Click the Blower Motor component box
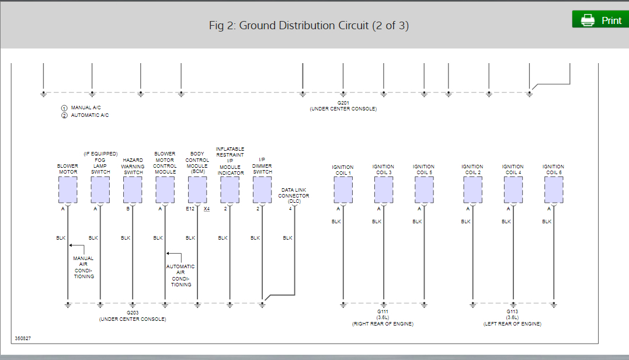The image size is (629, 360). [x=68, y=189]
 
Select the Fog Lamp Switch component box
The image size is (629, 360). [x=100, y=189]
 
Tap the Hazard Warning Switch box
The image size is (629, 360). [x=133, y=189]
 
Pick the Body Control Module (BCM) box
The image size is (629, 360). [x=197, y=189]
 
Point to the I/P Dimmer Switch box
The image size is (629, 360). [x=262, y=189]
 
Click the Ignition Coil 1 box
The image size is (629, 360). [x=343, y=189]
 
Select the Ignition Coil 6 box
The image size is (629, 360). [x=554, y=189]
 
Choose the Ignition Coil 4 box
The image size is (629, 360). [x=513, y=189]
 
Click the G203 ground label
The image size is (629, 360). [x=133, y=313]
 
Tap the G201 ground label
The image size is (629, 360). [x=343, y=103]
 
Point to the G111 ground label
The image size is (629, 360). [x=383, y=312]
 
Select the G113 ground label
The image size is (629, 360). [x=512, y=312]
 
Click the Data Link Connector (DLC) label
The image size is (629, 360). [x=294, y=195]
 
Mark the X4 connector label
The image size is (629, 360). [x=207, y=209]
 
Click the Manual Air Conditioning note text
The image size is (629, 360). [x=84, y=267]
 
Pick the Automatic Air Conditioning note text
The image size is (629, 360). [x=181, y=275]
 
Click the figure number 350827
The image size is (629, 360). [x=22, y=338]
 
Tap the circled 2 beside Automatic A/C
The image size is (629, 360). [x=64, y=115]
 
